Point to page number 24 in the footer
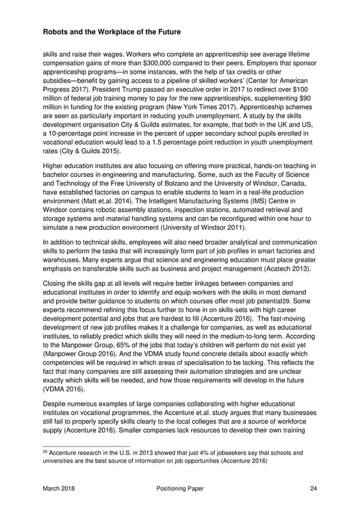[x=314, y=489]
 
